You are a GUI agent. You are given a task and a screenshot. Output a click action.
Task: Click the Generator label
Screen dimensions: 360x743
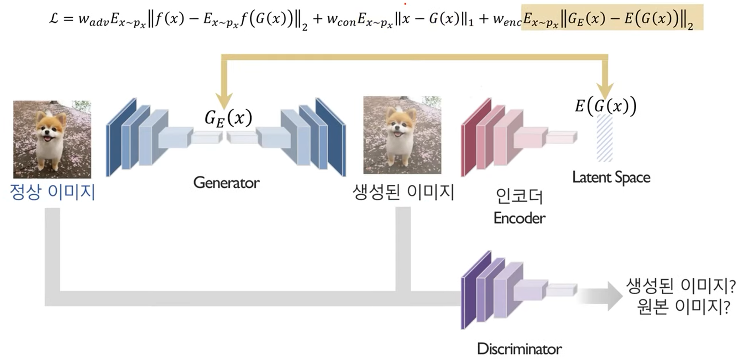226,183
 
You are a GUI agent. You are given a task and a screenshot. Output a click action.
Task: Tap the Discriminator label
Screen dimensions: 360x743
519,348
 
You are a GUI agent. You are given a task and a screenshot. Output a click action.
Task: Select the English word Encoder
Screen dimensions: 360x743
519,218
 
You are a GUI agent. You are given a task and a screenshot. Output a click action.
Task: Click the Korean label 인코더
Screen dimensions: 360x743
519,196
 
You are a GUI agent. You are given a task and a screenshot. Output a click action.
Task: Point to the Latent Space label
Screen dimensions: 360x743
611,177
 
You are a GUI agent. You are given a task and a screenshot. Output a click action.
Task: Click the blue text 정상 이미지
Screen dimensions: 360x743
52,192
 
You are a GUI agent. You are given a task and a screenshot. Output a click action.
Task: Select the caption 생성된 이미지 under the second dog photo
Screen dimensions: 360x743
403,192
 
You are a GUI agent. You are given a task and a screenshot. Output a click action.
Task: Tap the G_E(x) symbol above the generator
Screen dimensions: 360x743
228,118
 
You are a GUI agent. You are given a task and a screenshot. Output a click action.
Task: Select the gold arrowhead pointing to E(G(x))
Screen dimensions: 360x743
605,90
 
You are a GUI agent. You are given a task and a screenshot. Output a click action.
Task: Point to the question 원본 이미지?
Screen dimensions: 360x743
683,307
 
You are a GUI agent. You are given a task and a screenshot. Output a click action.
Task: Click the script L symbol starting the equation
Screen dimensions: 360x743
54,19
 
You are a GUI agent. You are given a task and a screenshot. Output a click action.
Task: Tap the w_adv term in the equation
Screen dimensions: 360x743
93,20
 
